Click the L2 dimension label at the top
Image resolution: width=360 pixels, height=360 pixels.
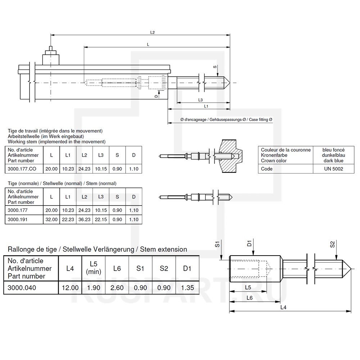point(152,32)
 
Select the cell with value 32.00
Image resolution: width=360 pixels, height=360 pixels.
point(51,219)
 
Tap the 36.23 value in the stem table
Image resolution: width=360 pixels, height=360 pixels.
point(84,219)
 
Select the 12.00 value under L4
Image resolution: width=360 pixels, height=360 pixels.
point(70,287)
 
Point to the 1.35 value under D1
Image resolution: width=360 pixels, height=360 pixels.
point(187,287)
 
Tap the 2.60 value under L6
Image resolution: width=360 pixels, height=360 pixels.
point(117,287)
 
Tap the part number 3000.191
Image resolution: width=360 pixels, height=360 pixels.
point(18,219)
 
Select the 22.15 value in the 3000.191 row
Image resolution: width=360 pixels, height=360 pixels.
point(100,219)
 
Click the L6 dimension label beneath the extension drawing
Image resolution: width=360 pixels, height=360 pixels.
point(249,298)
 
